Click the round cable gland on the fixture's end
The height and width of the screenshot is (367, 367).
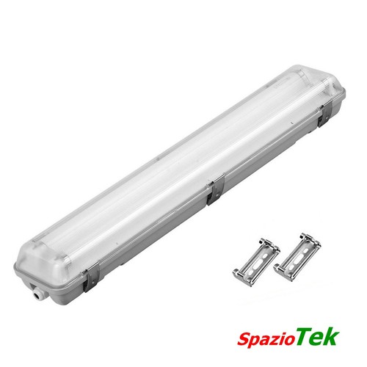pos(37,293)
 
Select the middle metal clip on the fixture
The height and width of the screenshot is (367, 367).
pos(216,189)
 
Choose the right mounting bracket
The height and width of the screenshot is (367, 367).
pos(297,257)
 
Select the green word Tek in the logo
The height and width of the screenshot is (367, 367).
pos(317,336)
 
